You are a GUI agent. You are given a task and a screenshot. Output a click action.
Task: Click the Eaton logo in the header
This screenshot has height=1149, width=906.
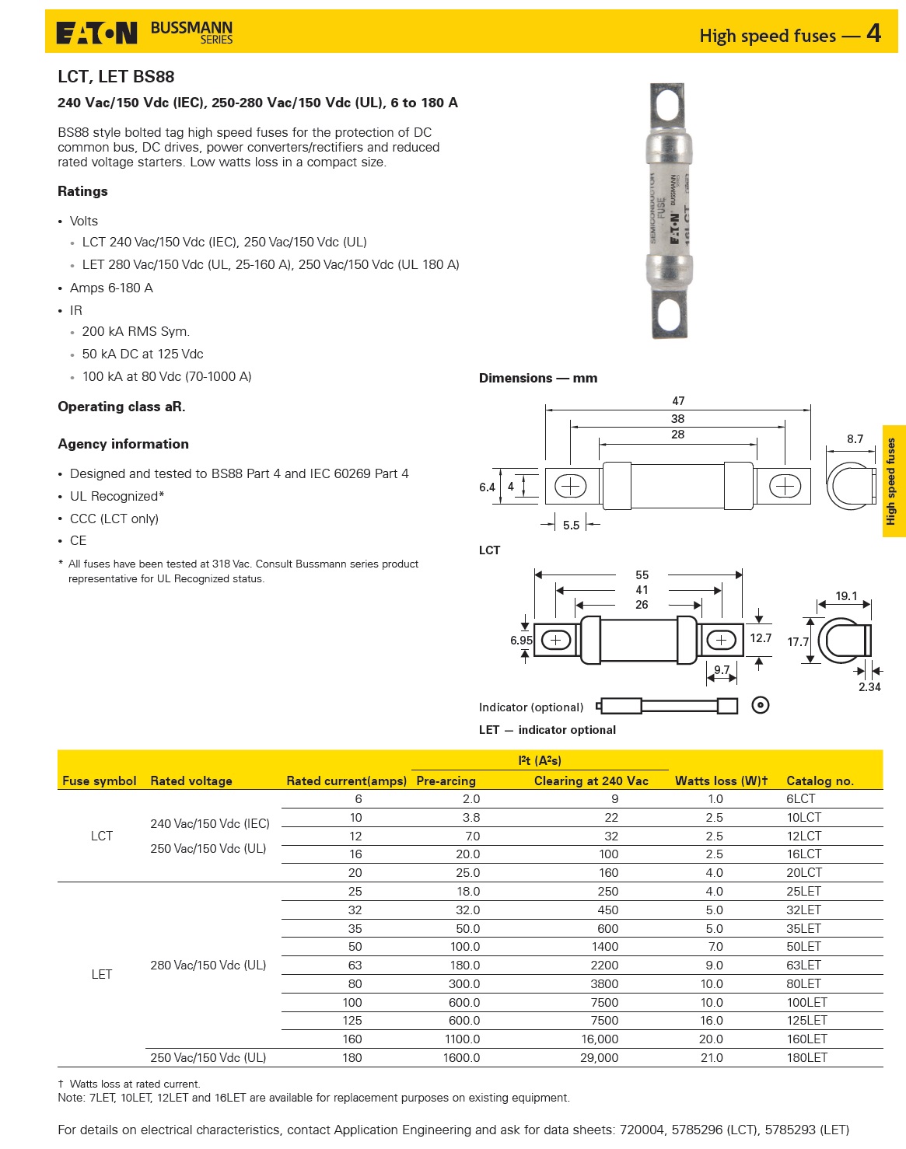(96, 33)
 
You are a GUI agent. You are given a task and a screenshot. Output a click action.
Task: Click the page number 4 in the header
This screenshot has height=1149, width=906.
(873, 33)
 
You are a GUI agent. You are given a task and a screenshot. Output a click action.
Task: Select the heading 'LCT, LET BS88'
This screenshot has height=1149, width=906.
(116, 76)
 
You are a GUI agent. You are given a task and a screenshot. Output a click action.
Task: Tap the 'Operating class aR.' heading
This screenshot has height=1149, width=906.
(121, 407)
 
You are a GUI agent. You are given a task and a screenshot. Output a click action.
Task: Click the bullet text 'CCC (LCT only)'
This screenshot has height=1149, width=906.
(114, 519)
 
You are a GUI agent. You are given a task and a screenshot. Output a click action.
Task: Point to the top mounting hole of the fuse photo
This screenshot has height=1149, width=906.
(667, 104)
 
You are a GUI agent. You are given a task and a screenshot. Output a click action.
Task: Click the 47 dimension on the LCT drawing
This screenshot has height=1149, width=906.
(678, 401)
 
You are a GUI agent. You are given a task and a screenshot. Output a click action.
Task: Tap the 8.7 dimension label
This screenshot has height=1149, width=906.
(855, 439)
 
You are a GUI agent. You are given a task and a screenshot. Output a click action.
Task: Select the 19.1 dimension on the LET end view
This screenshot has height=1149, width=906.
(846, 596)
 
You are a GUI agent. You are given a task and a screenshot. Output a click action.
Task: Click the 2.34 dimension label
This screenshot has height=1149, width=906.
(869, 687)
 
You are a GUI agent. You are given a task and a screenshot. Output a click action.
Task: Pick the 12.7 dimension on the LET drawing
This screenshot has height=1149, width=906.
(761, 638)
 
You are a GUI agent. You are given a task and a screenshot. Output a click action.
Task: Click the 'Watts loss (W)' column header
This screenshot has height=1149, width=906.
(721, 781)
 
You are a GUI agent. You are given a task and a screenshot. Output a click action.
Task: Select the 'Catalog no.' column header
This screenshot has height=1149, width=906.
(820, 781)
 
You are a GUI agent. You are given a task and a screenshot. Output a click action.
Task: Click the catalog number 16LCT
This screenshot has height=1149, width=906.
(803, 854)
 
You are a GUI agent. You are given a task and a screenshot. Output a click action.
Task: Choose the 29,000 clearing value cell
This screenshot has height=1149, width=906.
(599, 1057)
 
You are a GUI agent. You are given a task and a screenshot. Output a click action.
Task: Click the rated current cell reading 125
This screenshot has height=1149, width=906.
(352, 1020)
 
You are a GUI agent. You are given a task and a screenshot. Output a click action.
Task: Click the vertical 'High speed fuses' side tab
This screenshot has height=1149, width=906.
(893, 481)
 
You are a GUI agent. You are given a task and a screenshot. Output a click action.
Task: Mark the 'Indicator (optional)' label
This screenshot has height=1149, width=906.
(531, 707)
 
